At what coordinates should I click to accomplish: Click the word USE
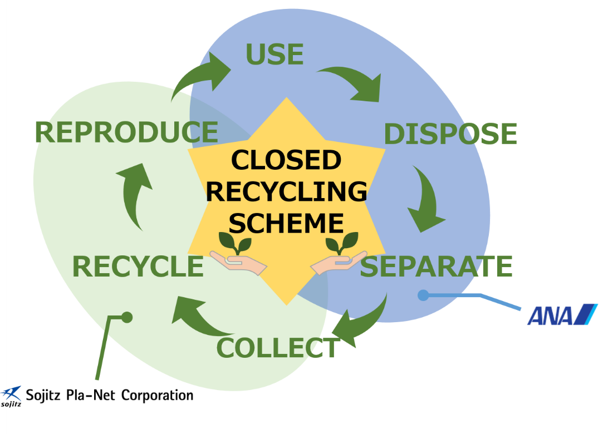coord(274,54)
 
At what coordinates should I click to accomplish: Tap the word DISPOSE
coord(450,134)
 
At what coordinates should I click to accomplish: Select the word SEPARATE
coord(436,267)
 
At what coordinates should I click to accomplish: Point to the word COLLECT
coord(277,348)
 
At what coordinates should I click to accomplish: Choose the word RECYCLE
coord(138,267)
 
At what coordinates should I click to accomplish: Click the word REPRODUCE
coord(126,132)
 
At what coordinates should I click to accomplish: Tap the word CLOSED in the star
coord(286,160)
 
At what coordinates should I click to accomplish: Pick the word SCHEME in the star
coord(286,223)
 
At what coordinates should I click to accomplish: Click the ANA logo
coord(562,314)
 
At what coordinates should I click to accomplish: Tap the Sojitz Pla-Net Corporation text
coord(109,396)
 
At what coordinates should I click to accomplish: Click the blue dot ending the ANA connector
coord(423,295)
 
